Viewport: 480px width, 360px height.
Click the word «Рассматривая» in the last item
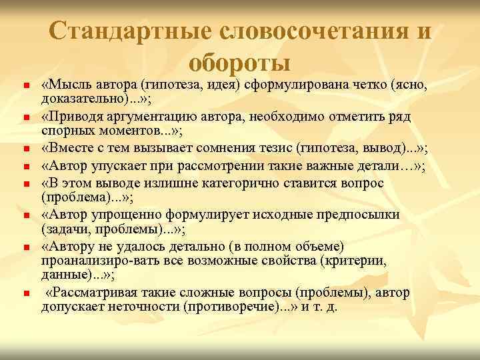point(93,293)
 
